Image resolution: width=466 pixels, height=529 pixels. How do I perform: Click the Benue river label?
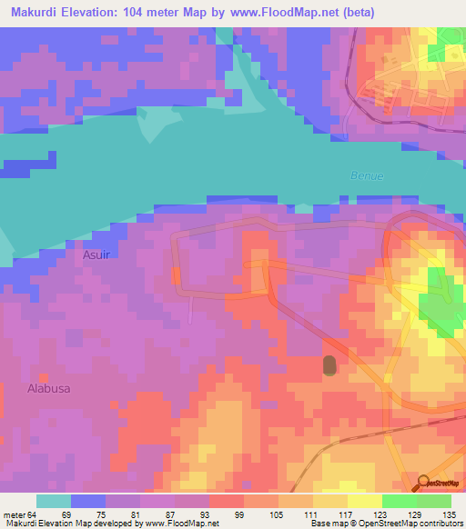point(367,175)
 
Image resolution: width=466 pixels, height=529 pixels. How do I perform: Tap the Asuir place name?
point(96,255)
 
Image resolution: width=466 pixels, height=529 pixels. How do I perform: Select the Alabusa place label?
point(48,387)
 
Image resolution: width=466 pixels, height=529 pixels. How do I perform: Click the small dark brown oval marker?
point(329,364)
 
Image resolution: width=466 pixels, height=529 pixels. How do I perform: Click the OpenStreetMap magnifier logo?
point(423,484)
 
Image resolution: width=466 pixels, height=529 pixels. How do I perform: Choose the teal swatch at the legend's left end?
point(54,501)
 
